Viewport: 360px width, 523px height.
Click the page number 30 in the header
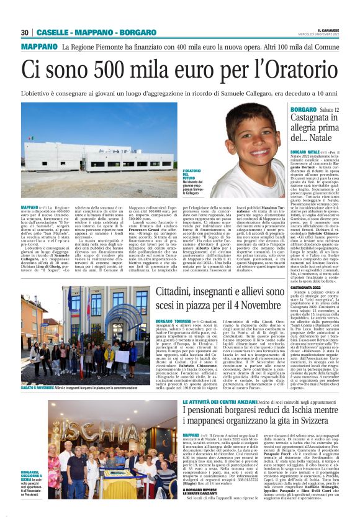25,32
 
